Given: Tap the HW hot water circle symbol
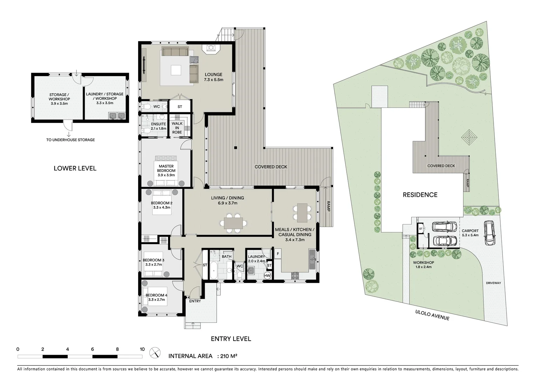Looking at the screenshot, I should [x=267, y=276].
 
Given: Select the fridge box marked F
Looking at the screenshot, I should [x=278, y=254].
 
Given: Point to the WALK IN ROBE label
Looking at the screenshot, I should [x=177, y=128].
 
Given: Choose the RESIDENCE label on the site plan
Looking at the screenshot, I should [x=420, y=195].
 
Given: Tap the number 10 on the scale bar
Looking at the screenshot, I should [x=142, y=349].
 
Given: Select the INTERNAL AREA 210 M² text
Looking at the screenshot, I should [x=203, y=356].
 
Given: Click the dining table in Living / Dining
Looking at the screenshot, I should [x=233, y=223].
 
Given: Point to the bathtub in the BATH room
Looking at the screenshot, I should [x=213, y=270].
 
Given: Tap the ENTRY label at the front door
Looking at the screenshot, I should [x=195, y=301].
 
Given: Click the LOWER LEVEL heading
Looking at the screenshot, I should [x=75, y=168].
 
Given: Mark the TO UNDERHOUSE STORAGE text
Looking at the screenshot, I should [x=70, y=140].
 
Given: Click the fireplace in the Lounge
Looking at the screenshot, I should [x=212, y=48].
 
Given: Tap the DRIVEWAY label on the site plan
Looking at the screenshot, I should [x=493, y=283].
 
